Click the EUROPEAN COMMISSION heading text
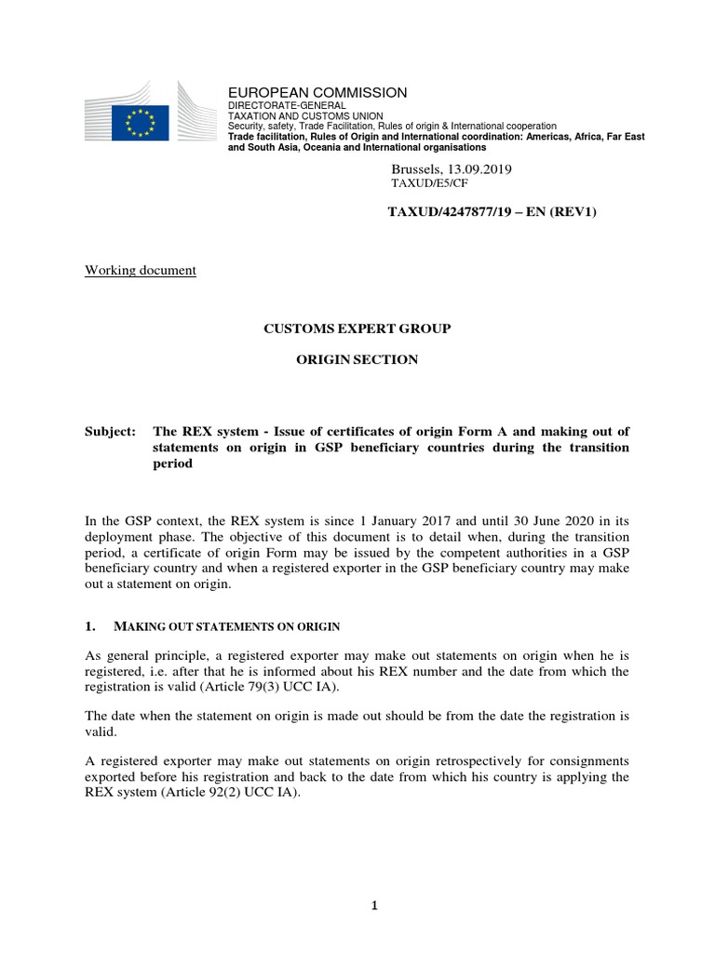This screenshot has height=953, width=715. point(317,92)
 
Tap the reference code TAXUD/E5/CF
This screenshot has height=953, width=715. point(429,184)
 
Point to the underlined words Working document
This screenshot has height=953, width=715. point(141,271)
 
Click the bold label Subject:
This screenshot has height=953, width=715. point(110,432)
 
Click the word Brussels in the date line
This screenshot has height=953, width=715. point(416,169)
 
